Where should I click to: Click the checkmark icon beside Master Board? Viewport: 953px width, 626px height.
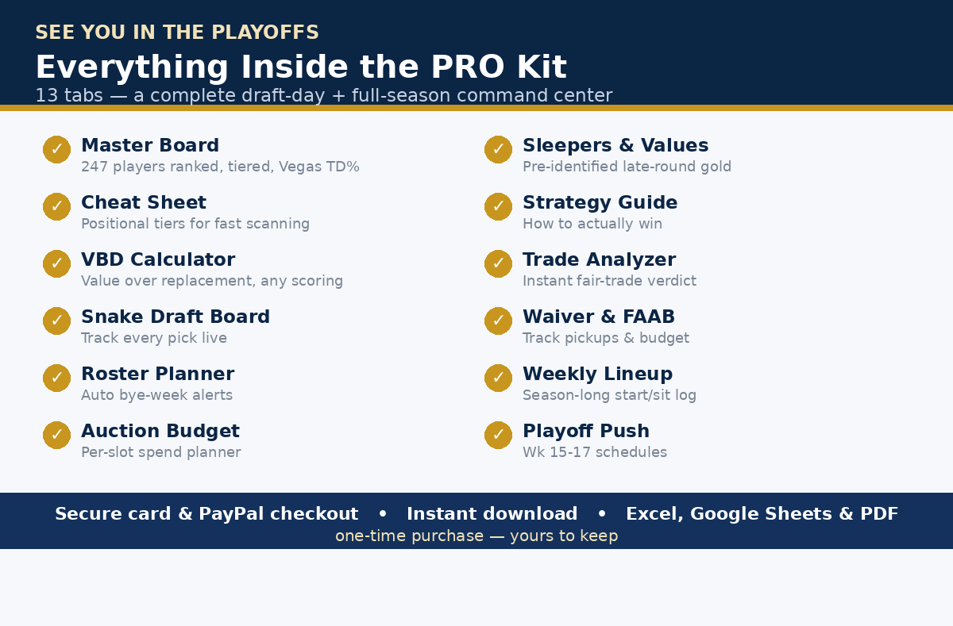[x=56, y=150]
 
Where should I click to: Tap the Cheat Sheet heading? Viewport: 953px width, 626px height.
[x=144, y=202]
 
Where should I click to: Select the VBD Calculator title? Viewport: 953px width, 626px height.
[x=158, y=259]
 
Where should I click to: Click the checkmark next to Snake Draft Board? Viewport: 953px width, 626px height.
[x=56, y=321]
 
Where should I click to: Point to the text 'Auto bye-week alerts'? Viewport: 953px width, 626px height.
[x=156, y=395]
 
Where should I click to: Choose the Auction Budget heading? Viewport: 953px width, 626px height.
[x=160, y=431]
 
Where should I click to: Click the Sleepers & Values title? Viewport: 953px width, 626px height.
[x=615, y=145]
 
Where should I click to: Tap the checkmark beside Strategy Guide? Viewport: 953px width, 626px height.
[x=498, y=206]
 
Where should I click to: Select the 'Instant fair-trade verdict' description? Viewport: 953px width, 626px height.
[x=609, y=281]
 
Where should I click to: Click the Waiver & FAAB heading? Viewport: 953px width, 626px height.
[x=599, y=317]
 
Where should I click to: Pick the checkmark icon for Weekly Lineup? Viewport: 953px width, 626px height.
[x=498, y=378]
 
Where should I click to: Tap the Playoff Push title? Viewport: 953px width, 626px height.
[x=586, y=431]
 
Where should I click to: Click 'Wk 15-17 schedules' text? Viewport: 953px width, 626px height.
[x=595, y=452]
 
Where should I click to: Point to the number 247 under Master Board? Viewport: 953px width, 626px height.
[x=95, y=167]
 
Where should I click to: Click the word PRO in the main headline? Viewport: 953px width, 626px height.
[x=468, y=67]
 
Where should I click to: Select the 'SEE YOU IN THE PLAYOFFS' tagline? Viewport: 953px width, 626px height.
[x=177, y=33]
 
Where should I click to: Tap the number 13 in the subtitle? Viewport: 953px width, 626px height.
[x=46, y=96]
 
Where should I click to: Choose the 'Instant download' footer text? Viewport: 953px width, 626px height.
[x=492, y=514]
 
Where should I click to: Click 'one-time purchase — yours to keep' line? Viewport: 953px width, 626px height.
[x=476, y=536]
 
